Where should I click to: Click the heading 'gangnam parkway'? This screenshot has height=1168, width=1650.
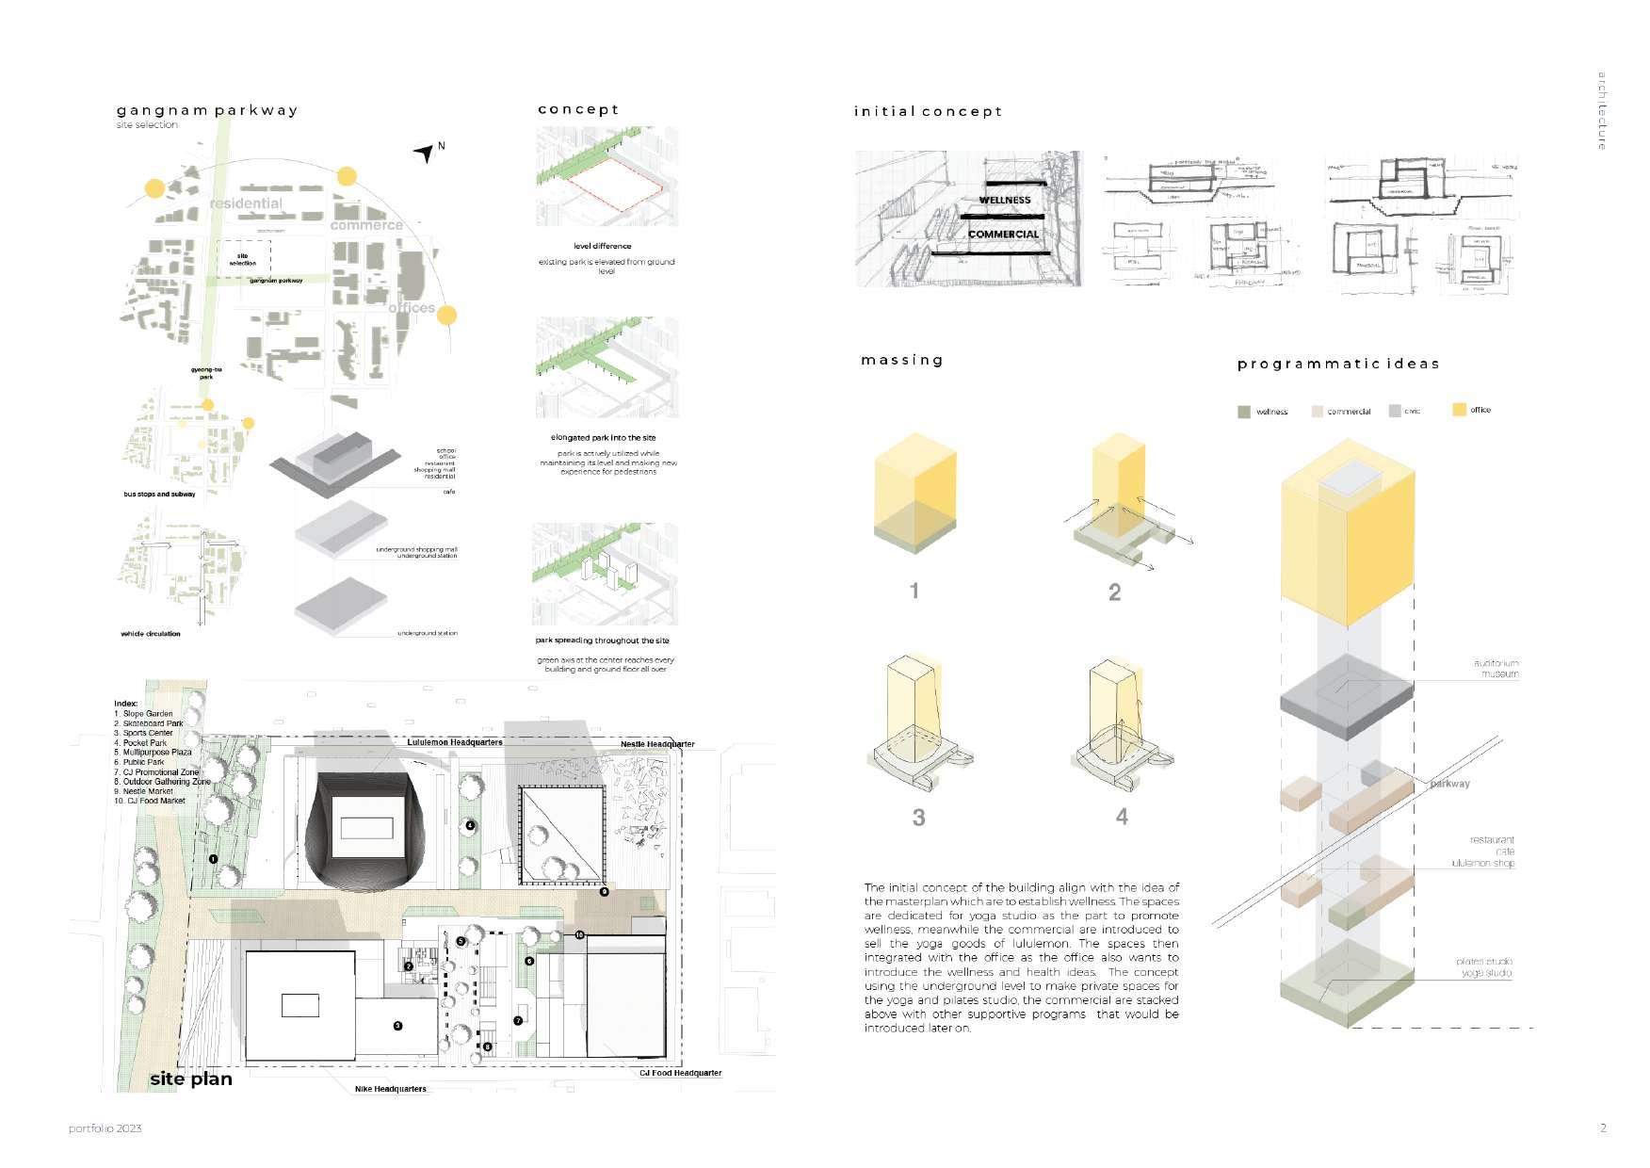pyautogui.click(x=207, y=110)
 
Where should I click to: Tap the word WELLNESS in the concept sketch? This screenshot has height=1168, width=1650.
pyautogui.click(x=1004, y=200)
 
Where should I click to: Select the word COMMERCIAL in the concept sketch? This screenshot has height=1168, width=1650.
pyautogui.click(x=1003, y=235)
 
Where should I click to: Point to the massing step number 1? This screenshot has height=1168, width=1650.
pyautogui.click(x=914, y=591)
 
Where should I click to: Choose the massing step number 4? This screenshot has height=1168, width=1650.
pyautogui.click(x=1122, y=817)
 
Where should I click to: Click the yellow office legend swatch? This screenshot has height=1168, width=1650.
pyautogui.click(x=1459, y=410)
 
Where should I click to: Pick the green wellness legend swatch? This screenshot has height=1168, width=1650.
pyautogui.click(x=1244, y=412)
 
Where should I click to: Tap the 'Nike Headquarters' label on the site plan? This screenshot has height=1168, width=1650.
pyautogui.click(x=390, y=1089)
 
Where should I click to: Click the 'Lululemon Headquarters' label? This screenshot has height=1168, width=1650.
pyautogui.click(x=455, y=742)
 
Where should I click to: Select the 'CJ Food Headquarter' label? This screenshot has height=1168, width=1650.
pyautogui.click(x=680, y=1073)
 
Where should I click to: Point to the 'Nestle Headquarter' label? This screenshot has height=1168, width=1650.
pyautogui.click(x=657, y=744)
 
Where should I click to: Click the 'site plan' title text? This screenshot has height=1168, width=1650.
pyautogui.click(x=191, y=1079)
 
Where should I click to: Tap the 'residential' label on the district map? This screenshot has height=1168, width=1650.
pyautogui.click(x=246, y=203)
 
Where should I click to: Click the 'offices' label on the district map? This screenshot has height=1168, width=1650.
pyautogui.click(x=412, y=308)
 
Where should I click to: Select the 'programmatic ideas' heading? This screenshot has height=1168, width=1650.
pyautogui.click(x=1337, y=364)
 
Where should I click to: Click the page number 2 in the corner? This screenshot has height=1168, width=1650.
pyautogui.click(x=1603, y=1127)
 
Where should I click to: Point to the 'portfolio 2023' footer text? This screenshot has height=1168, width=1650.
pyautogui.click(x=105, y=1128)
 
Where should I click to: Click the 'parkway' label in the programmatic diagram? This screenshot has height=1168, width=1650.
pyautogui.click(x=1449, y=784)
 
